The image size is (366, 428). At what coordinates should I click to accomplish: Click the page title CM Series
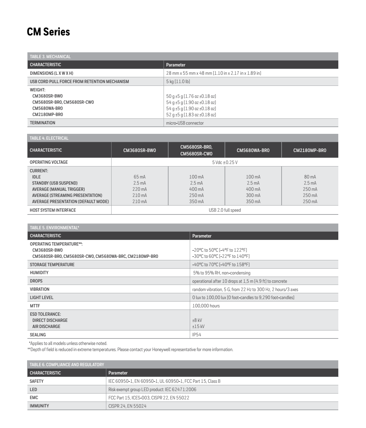point(48,32)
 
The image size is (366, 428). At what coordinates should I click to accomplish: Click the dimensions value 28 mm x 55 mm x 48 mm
point(213,73)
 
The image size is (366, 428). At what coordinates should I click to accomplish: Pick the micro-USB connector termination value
point(185,123)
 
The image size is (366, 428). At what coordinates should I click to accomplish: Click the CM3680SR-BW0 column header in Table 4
point(140,150)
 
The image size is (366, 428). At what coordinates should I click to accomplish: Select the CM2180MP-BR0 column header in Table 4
point(310,150)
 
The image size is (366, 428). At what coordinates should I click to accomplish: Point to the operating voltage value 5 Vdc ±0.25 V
point(225,162)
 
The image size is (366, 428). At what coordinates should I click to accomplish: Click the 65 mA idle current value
point(140,177)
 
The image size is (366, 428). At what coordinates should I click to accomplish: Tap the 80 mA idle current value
point(310,177)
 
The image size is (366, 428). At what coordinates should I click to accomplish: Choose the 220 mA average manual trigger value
point(140,189)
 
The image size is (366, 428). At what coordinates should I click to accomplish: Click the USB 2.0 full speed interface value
point(225,210)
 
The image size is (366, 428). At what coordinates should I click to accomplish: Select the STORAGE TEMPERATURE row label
point(52,265)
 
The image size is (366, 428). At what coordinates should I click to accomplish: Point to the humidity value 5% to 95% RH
point(222,273)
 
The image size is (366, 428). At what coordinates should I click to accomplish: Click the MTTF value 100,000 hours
point(206,306)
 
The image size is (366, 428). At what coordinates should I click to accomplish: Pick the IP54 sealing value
point(197,335)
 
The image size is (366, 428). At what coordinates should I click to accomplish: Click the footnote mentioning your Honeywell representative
point(130,350)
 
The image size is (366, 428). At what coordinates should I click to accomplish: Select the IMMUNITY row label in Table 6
point(39,406)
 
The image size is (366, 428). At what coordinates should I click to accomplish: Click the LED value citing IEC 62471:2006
point(152,390)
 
